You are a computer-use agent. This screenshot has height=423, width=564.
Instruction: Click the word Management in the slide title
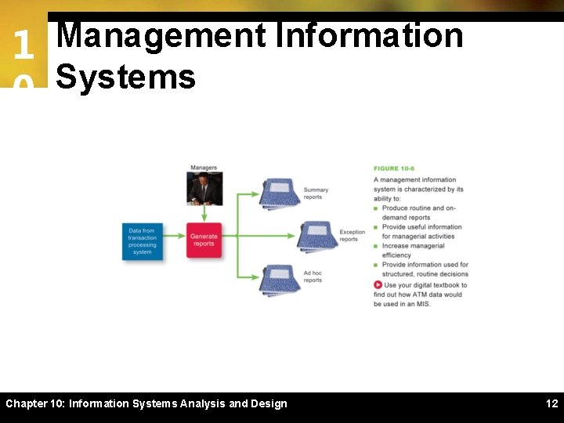(x=162, y=36)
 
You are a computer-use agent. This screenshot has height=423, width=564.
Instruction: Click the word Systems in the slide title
(x=125, y=77)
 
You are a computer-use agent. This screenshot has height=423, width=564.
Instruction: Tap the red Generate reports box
(x=204, y=240)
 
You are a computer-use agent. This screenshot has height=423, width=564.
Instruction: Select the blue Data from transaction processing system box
(x=142, y=241)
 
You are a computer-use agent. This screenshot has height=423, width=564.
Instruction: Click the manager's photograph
(x=204, y=189)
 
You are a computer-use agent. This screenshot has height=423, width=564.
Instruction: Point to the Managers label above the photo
(x=204, y=168)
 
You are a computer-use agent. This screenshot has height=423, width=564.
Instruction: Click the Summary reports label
(x=316, y=193)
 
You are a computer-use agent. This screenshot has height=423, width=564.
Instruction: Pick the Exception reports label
(x=352, y=236)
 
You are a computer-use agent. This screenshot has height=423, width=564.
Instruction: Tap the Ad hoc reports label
(x=313, y=277)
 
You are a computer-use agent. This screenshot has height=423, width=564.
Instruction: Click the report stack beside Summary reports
(x=280, y=193)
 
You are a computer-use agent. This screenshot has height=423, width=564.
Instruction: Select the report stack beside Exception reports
(x=317, y=235)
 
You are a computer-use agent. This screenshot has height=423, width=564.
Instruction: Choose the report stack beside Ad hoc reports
(x=280, y=280)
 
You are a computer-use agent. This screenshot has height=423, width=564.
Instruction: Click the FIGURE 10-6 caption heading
(x=394, y=168)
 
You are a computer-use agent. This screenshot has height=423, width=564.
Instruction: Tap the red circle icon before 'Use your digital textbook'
(x=378, y=285)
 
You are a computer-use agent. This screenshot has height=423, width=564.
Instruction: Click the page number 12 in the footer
(x=551, y=403)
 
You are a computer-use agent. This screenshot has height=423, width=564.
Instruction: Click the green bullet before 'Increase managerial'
(x=376, y=246)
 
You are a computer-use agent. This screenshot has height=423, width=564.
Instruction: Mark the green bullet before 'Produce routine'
(x=376, y=208)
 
